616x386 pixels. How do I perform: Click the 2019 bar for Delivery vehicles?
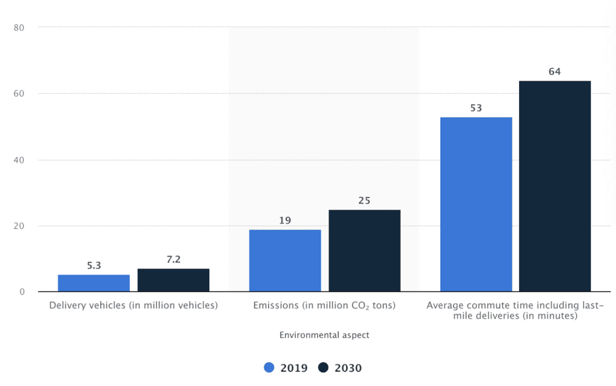point(93,283)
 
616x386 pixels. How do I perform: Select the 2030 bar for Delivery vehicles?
point(173,280)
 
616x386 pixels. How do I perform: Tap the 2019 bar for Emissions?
point(285,261)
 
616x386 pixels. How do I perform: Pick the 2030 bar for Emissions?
point(365,251)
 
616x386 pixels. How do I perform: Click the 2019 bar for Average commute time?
point(476,204)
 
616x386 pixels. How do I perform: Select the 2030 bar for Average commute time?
point(555,186)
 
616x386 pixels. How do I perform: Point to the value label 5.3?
point(93,265)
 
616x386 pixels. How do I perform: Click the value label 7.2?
point(173,260)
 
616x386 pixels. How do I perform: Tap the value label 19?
point(285,220)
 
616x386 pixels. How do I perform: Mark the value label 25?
point(365,201)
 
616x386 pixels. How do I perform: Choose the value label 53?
point(476,108)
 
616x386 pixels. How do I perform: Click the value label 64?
point(555,72)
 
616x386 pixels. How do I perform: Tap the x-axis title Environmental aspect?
point(324,335)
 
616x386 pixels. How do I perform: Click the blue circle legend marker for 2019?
point(269,367)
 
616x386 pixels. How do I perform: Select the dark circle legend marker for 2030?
point(323,367)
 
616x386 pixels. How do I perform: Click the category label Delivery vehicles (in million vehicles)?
point(133,305)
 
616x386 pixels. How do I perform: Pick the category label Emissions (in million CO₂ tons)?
point(324,306)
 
